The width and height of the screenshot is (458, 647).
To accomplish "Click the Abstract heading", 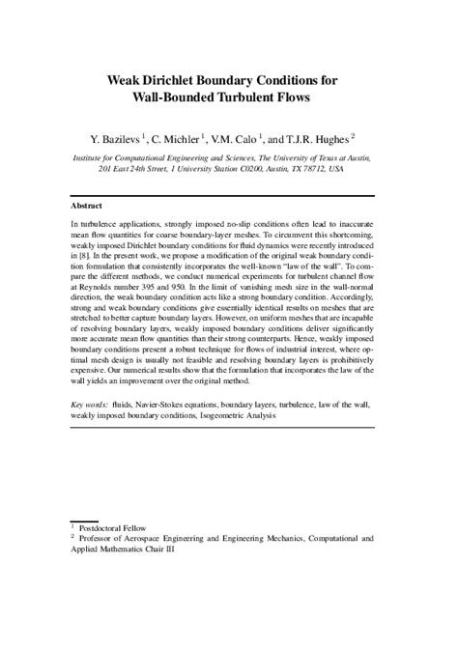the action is point(88,205).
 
